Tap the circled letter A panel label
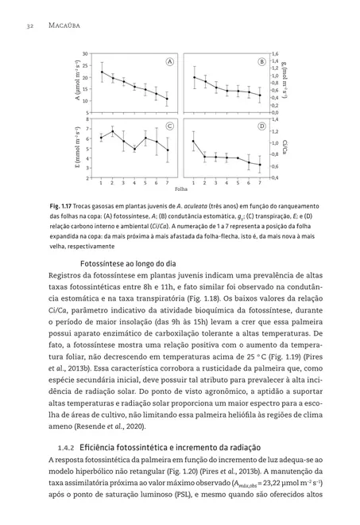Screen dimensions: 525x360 pyautogui.click(x=169, y=61)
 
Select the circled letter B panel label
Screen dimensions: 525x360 pyautogui.click(x=261, y=61)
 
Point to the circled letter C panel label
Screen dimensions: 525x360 pyautogui.click(x=169, y=126)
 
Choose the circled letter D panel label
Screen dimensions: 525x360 pyautogui.click(x=261, y=126)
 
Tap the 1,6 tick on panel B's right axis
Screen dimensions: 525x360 pyautogui.click(x=275, y=53)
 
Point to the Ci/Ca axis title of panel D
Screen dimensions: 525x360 pyautogui.click(x=285, y=148)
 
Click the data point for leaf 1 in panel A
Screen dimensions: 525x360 pyautogui.click(x=101, y=72)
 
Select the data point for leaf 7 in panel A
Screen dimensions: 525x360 pyautogui.click(x=167, y=99)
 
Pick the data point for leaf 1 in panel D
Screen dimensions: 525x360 pyautogui.click(x=193, y=142)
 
